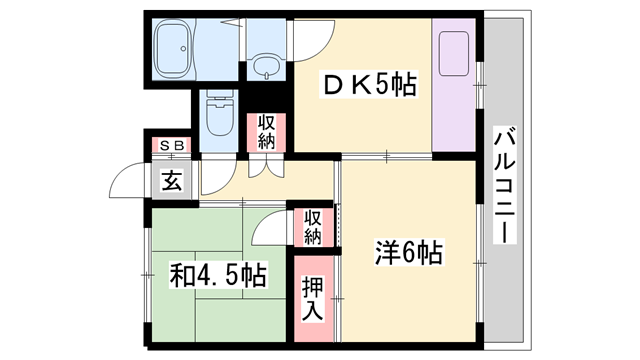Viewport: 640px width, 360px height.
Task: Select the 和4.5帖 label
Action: [x=217, y=274]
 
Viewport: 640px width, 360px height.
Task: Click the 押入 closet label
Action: [x=313, y=297]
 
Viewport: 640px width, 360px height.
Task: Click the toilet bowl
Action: [x=216, y=115]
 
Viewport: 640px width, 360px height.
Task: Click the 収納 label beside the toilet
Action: [x=266, y=131]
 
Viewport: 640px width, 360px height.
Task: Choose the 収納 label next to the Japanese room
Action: [x=313, y=226]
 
